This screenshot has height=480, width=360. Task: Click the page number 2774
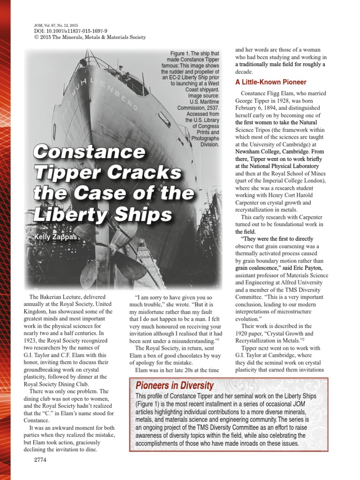(x=40, y=460)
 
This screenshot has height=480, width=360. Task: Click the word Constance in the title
(x=90, y=152)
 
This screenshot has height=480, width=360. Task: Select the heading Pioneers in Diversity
(x=174, y=386)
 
